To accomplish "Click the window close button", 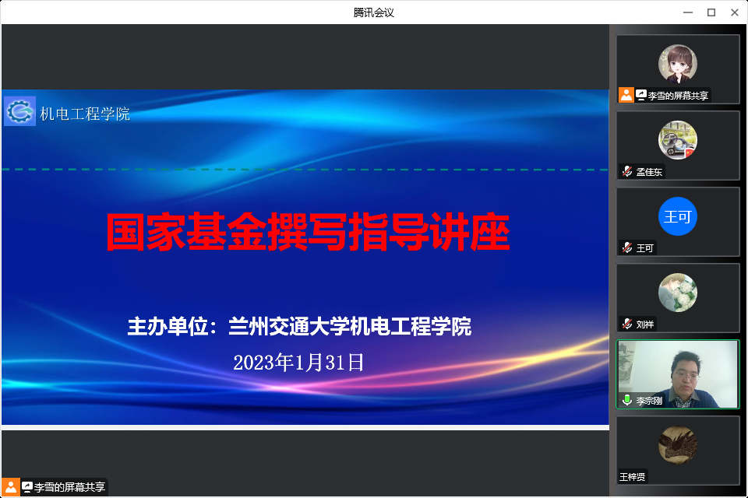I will pyautogui.click(x=734, y=12).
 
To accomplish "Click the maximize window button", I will pyautogui.click(x=711, y=12).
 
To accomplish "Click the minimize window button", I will pyautogui.click(x=688, y=12).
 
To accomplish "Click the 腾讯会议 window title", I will pyautogui.click(x=374, y=12).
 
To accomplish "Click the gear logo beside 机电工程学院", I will pyautogui.click(x=19, y=111).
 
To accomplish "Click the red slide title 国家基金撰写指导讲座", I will pyautogui.click(x=308, y=230).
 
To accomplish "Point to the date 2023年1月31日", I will pyautogui.click(x=299, y=363).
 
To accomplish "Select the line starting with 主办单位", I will pyautogui.click(x=300, y=327).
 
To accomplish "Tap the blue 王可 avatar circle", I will pyautogui.click(x=678, y=216).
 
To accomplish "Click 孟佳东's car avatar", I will pyautogui.click(x=678, y=140).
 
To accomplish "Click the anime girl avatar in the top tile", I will pyautogui.click(x=678, y=64).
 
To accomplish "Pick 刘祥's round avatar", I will pyautogui.click(x=678, y=293).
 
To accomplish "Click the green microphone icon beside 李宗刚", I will pyautogui.click(x=626, y=401).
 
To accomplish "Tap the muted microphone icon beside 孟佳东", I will pyautogui.click(x=626, y=172).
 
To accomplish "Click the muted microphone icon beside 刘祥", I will pyautogui.click(x=626, y=324).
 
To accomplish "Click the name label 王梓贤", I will pyautogui.click(x=633, y=477).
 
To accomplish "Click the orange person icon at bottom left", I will pyautogui.click(x=11, y=487).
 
